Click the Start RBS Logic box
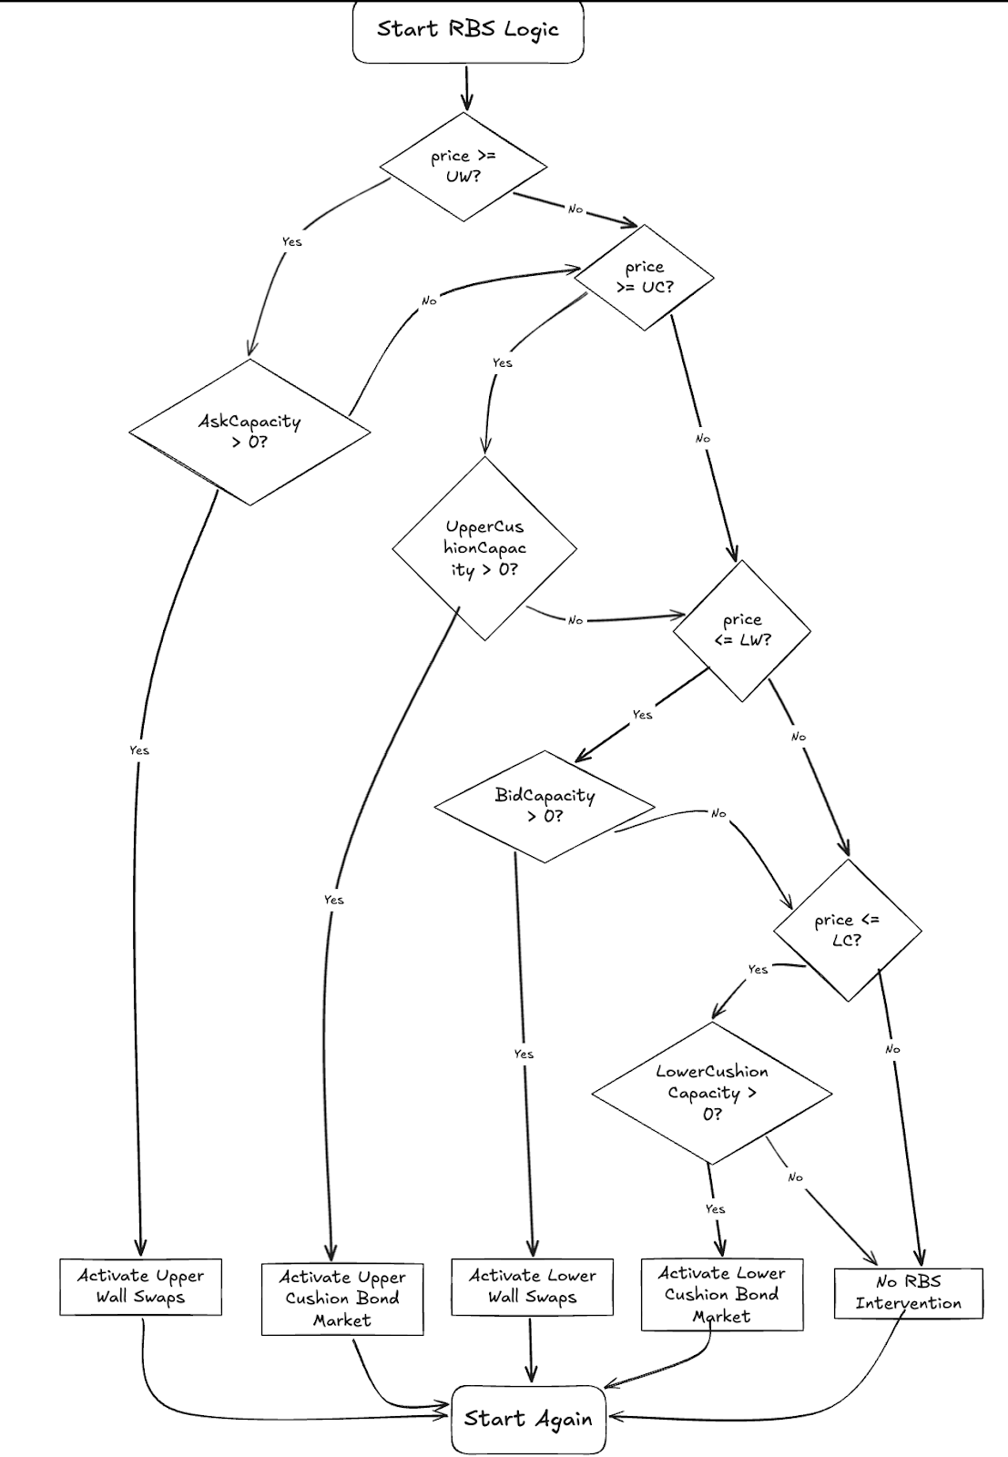click(467, 31)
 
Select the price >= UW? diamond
click(463, 167)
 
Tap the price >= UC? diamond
click(645, 277)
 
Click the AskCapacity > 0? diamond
click(249, 432)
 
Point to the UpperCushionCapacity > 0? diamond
click(484, 548)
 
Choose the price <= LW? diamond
click(742, 630)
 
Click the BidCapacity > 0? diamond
click(545, 806)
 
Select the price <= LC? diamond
click(848, 930)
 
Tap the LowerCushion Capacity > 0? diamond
click(712, 1093)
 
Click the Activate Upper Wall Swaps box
click(141, 1287)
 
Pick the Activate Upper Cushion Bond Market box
click(342, 1299)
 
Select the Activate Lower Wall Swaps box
click(533, 1287)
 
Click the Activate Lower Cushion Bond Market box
click(722, 1295)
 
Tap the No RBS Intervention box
click(909, 1292)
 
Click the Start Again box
click(528, 1419)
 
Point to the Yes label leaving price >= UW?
click(291, 241)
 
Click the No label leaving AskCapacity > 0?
click(429, 301)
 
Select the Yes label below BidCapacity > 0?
click(524, 1054)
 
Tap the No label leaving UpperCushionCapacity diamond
click(575, 620)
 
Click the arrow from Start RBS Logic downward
click(467, 87)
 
